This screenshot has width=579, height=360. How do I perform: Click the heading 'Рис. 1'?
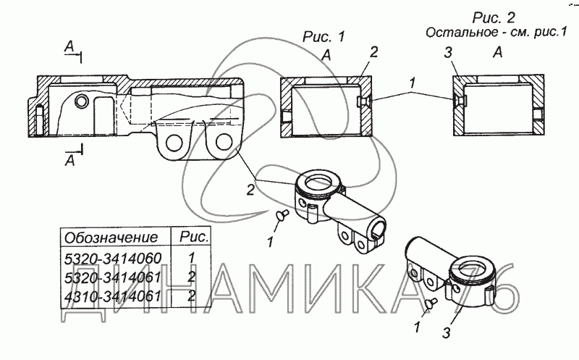[324, 37]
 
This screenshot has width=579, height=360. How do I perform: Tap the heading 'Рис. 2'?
[494, 17]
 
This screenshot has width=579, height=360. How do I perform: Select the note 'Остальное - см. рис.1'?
[496, 32]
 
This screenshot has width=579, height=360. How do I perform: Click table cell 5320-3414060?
[113, 258]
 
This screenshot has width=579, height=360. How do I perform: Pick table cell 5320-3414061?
[113, 277]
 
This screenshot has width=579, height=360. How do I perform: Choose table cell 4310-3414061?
[113, 296]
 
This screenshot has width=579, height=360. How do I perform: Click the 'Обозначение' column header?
[111, 238]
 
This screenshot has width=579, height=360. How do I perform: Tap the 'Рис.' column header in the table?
[194, 237]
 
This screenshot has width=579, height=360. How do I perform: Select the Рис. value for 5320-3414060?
[191, 258]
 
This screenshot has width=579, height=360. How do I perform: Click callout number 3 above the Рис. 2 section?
[447, 52]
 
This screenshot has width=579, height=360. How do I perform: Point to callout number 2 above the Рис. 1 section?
[373, 52]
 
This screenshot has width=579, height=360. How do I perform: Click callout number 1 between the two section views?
[412, 83]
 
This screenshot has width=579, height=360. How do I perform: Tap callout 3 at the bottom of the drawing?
[447, 332]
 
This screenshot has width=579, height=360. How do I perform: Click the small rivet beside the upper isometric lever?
[282, 214]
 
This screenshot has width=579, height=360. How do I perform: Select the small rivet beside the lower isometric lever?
[431, 302]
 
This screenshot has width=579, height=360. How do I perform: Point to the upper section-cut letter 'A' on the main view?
[69, 46]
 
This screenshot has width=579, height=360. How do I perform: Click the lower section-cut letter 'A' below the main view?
[69, 160]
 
